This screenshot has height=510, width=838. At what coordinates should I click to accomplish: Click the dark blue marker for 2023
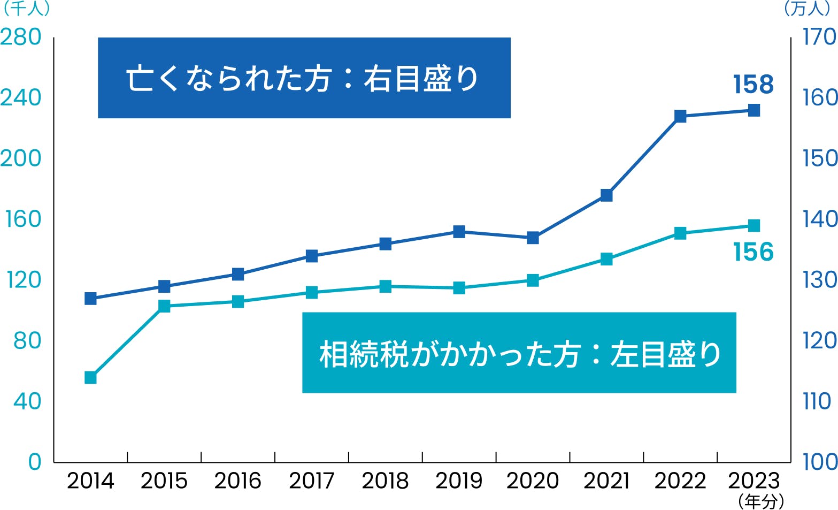click(754, 110)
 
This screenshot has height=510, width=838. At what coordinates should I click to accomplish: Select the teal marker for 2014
click(90, 378)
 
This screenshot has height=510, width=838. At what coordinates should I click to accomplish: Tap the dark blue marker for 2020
click(533, 238)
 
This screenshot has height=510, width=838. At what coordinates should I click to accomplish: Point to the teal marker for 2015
click(164, 306)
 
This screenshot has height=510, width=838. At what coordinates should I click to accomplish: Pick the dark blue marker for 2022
click(680, 116)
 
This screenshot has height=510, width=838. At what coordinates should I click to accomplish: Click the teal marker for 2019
click(459, 288)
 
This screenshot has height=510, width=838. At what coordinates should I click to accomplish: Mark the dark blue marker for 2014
click(90, 299)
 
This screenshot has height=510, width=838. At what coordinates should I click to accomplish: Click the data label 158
click(753, 85)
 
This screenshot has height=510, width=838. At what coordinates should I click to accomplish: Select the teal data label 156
click(753, 252)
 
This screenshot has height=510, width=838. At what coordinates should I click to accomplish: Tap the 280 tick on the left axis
click(21, 37)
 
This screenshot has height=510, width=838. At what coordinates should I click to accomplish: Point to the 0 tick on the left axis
click(35, 461)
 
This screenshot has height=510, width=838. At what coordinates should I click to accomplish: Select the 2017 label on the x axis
click(311, 481)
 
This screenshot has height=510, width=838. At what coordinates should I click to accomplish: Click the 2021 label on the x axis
click(606, 481)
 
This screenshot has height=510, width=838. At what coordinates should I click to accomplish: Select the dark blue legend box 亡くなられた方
click(304, 78)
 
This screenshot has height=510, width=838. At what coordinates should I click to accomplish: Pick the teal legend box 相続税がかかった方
click(519, 353)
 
